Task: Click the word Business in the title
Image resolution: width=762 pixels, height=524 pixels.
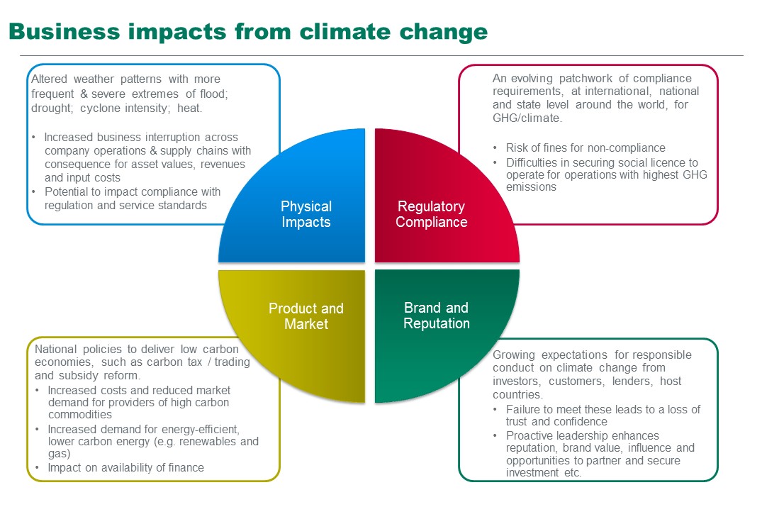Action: pos(64,32)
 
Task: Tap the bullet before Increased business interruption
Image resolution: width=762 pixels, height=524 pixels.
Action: pos(33,137)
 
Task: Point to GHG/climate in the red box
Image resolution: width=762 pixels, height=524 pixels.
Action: pos(527,118)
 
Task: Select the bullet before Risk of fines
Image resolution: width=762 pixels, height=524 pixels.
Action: pos(495,147)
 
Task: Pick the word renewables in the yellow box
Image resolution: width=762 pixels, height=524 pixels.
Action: pos(209,441)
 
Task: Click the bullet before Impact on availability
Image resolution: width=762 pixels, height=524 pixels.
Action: pos(37,467)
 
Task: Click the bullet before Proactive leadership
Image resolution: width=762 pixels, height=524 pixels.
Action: pos(495,435)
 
